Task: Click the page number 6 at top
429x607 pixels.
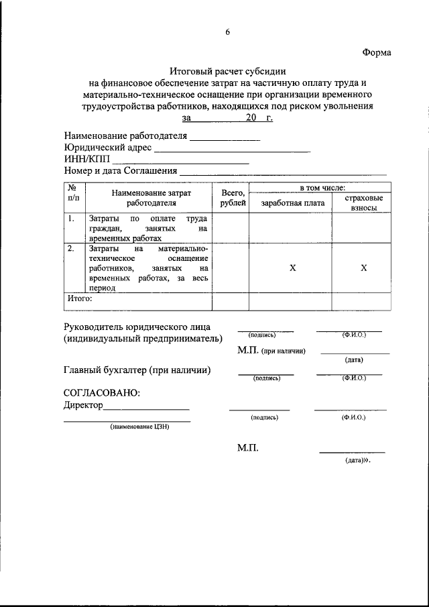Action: click(227, 32)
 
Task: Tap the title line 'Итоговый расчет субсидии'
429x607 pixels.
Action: click(228, 70)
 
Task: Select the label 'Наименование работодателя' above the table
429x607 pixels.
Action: click(125, 135)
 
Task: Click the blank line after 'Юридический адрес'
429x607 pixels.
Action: click(233, 148)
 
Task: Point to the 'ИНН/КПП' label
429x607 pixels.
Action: click(86, 160)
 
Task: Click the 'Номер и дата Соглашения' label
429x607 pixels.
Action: click(121, 172)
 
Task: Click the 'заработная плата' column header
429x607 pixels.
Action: click(292, 203)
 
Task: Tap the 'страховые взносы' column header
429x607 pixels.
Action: click(363, 203)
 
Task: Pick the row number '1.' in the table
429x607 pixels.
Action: click(71, 219)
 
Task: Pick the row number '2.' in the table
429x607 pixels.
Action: click(71, 249)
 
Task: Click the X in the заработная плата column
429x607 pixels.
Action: click(292, 268)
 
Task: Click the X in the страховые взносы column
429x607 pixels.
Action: click(363, 268)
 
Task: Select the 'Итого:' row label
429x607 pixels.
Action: click(80, 299)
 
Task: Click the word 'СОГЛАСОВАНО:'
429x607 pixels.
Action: click(102, 392)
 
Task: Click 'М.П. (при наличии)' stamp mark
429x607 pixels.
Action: click(271, 351)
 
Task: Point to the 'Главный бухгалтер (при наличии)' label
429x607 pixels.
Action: click(137, 370)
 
